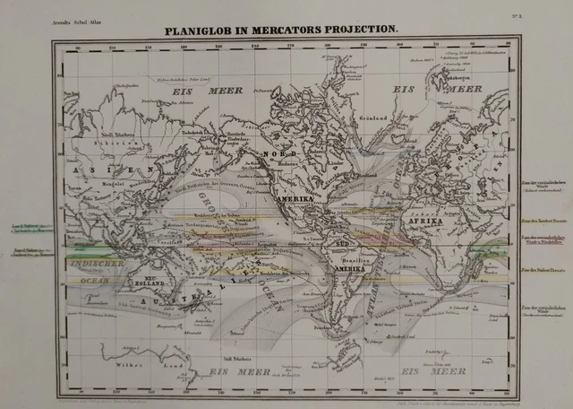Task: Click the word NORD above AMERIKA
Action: pyautogui.click(x=280, y=154)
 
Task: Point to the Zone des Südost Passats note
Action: pyautogui.click(x=541, y=269)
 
